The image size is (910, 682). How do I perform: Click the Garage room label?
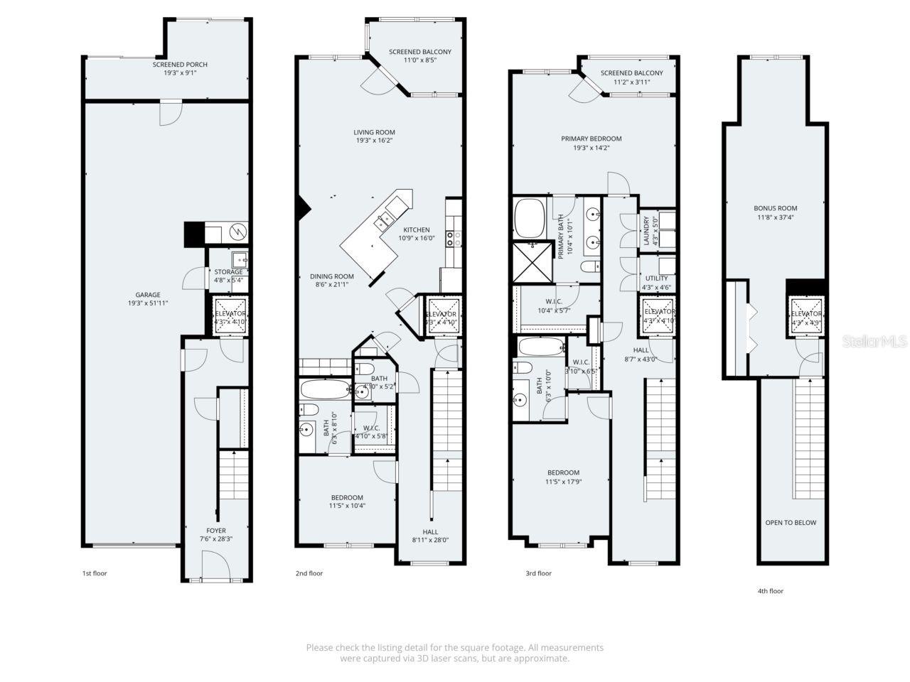coord(148,299)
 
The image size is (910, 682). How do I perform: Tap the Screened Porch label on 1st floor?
coord(180,68)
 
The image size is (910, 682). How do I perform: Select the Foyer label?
coord(216,534)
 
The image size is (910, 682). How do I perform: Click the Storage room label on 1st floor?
coord(228,276)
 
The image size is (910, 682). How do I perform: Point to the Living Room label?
coord(375,136)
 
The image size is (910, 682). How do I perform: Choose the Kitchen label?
coord(416,234)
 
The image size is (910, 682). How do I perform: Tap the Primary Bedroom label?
coord(591,143)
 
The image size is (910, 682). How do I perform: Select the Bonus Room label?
coord(775,212)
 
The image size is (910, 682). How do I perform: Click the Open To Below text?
coord(791,523)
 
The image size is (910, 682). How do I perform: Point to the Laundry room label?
coord(647,231)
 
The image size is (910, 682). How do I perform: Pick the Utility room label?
coord(656,283)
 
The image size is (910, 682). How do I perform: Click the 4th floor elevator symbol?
coord(806,314)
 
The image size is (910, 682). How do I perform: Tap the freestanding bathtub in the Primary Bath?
coord(529,218)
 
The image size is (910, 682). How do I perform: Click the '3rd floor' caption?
coord(538,573)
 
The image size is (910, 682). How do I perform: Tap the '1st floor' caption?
coord(95,573)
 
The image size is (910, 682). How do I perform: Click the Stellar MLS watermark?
coord(874,342)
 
